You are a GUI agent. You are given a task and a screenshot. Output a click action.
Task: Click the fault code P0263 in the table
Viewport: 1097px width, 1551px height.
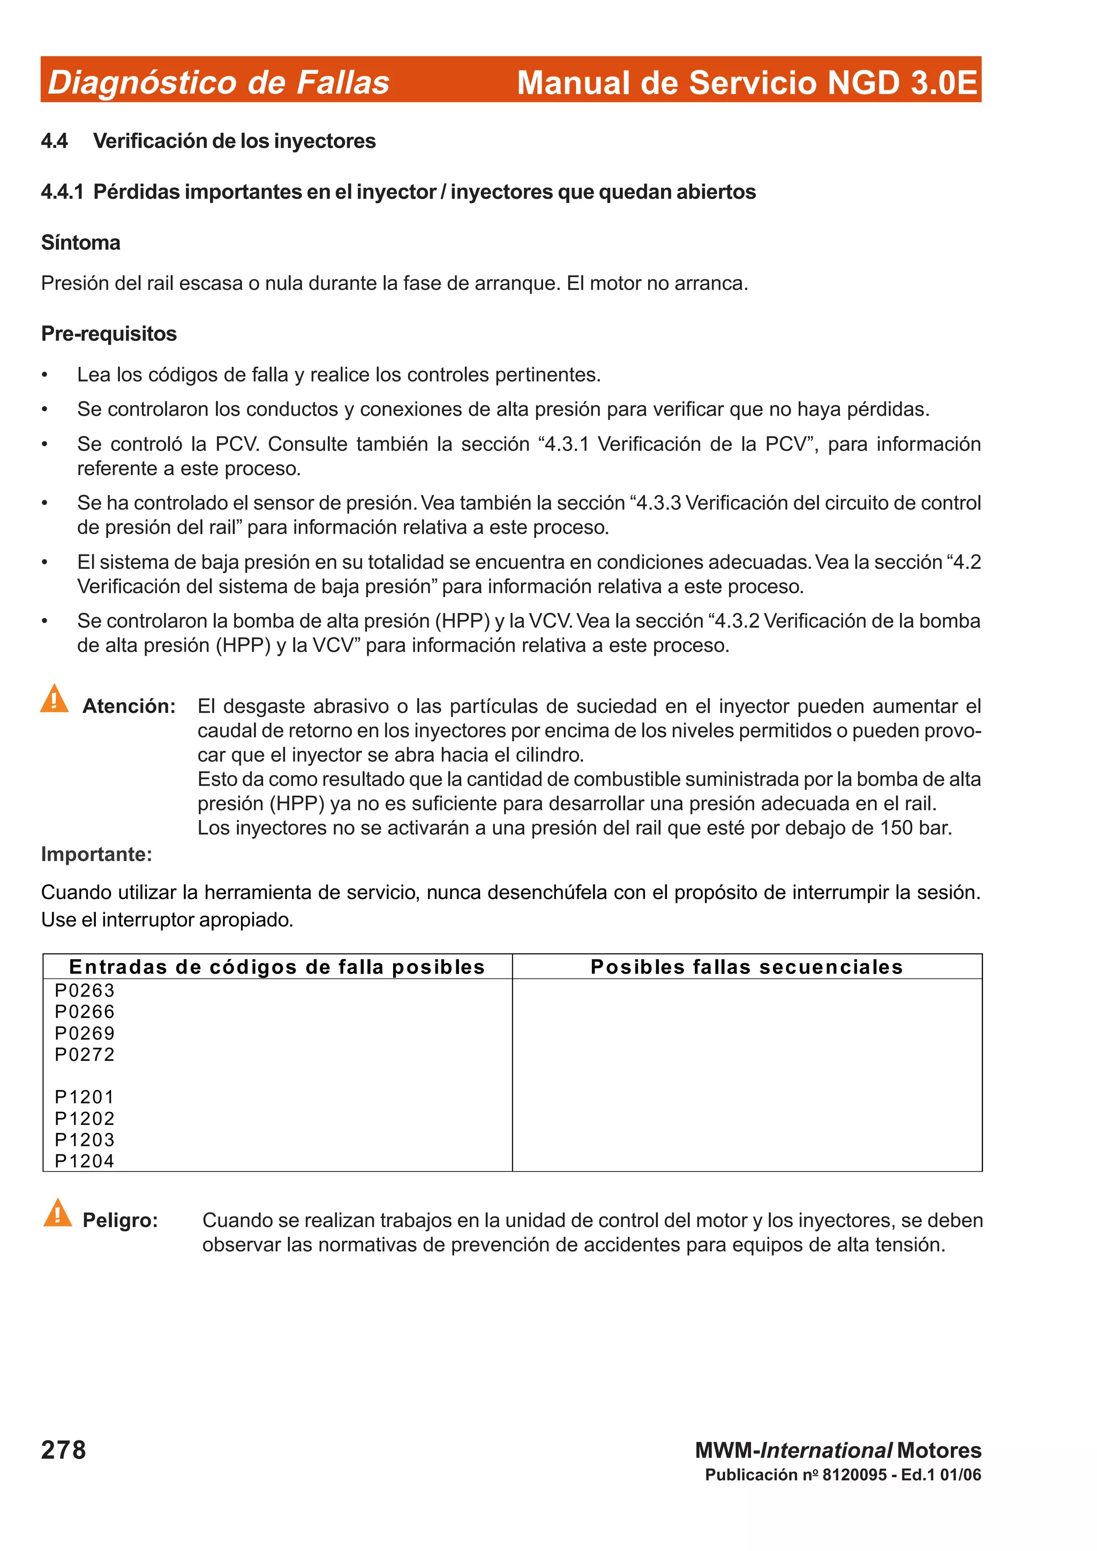pyautogui.click(x=85, y=990)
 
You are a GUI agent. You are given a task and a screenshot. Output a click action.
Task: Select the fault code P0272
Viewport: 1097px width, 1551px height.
pyautogui.click(x=85, y=1054)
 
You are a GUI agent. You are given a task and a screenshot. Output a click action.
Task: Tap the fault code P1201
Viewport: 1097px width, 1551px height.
pyautogui.click(x=85, y=1097)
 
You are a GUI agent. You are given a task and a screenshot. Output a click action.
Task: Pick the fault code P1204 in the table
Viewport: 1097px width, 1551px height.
pyautogui.click(x=85, y=1161)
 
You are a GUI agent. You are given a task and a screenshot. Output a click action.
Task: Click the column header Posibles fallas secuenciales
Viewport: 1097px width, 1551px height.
pyautogui.click(x=746, y=967)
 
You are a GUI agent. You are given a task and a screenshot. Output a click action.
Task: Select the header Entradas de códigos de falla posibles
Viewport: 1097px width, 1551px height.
pyautogui.click(x=277, y=967)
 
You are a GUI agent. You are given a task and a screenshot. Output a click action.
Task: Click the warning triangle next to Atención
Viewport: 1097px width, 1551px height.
pyautogui.click(x=54, y=699)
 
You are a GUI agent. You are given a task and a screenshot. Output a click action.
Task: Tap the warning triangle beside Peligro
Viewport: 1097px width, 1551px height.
pyautogui.click(x=57, y=1213)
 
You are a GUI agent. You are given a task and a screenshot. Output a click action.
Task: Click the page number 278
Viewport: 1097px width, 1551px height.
pyautogui.click(x=64, y=1450)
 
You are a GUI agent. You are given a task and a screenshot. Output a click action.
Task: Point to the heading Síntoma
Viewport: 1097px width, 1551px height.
pyautogui.click(x=80, y=242)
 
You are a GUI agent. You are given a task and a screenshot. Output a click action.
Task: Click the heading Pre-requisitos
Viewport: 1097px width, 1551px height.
pyautogui.click(x=109, y=334)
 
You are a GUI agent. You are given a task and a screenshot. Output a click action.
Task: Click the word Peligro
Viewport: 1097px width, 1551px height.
pyautogui.click(x=119, y=1220)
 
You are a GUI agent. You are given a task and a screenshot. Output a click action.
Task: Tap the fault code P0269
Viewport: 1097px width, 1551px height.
pyautogui.click(x=85, y=1033)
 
